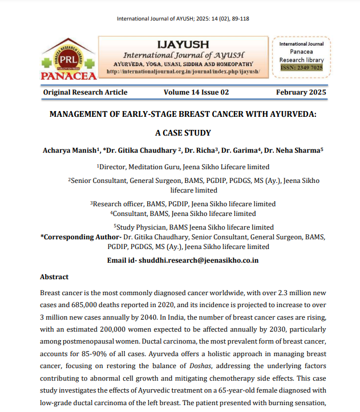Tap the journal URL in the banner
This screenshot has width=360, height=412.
[183, 72]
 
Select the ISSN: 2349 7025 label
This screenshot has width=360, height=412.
[302, 68]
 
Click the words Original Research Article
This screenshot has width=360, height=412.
[86, 92]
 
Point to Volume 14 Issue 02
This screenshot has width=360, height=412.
[196, 92]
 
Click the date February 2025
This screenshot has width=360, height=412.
[301, 92]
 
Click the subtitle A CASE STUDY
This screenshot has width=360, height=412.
[183, 133]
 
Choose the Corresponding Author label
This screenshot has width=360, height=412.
[80, 236]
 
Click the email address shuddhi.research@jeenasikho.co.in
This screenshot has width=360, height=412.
[199, 260]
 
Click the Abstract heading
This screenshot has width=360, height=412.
[54, 277]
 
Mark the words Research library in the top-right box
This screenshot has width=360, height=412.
[302, 60]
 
